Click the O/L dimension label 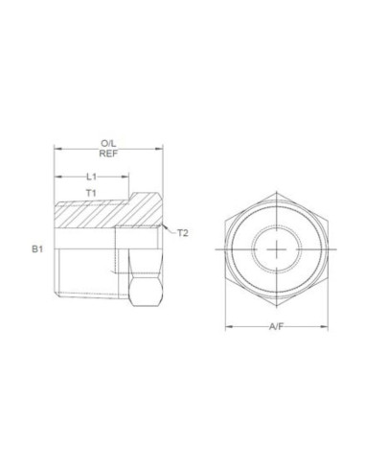(108, 143)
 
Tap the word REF (108, 153)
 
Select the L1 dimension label (92, 177)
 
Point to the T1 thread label (91, 193)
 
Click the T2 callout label (183, 233)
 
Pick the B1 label (37, 249)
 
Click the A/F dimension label (276, 327)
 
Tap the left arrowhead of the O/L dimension (57, 149)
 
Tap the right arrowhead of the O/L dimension (159, 149)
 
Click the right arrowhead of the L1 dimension (125, 177)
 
